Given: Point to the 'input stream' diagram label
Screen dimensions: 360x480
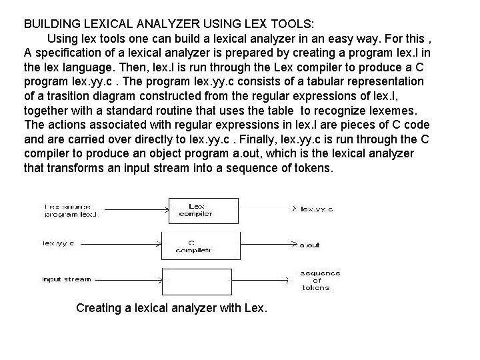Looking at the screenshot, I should [66, 279].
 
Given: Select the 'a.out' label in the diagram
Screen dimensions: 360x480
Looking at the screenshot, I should [309, 245].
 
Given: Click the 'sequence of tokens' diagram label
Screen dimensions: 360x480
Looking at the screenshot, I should [319, 280].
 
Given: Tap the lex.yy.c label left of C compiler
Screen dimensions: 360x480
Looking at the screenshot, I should [59, 243].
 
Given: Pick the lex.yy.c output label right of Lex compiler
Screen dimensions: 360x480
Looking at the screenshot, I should [316, 209].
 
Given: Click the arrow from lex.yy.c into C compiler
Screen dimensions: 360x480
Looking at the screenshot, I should [127, 244].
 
